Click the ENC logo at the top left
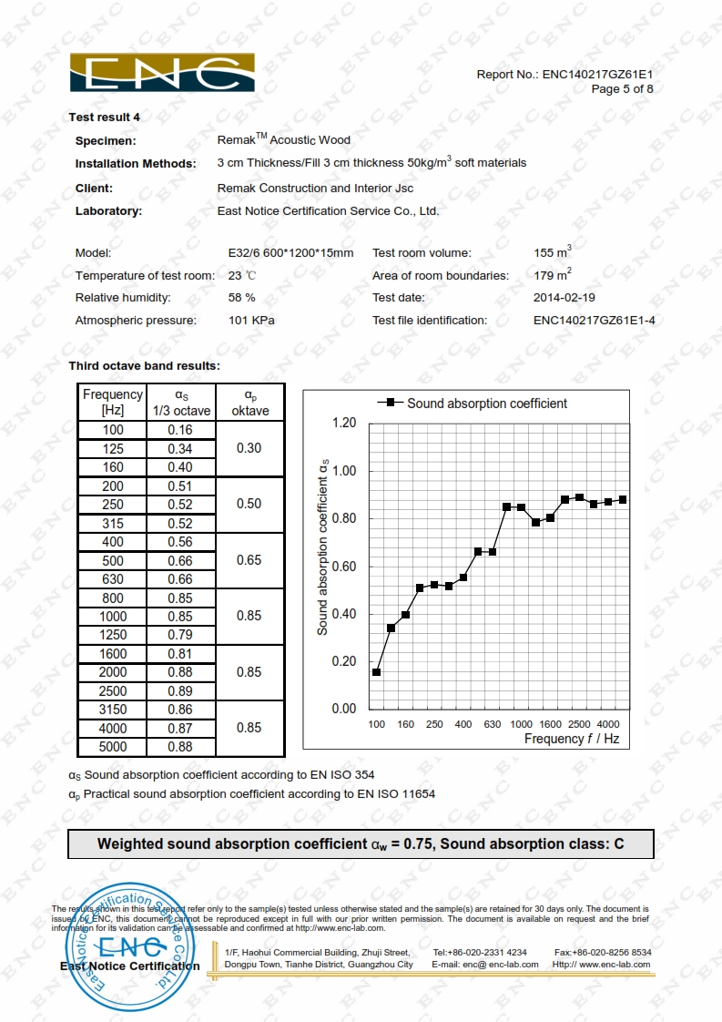click(x=163, y=73)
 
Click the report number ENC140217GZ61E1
click(x=598, y=74)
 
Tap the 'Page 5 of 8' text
click(x=622, y=88)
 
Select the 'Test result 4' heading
click(x=104, y=117)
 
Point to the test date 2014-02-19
click(x=564, y=298)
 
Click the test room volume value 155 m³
click(x=553, y=252)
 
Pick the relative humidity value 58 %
click(x=241, y=298)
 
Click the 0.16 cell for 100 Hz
click(x=180, y=430)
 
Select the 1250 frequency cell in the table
click(x=113, y=635)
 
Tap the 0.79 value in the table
click(x=180, y=635)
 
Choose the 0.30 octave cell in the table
click(x=249, y=448)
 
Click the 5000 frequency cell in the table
click(x=113, y=747)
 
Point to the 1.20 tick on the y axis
click(x=344, y=424)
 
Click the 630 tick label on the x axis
click(x=493, y=724)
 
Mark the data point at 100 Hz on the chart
click(x=376, y=672)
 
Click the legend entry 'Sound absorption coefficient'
click(x=486, y=403)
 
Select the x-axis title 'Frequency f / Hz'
click(x=571, y=739)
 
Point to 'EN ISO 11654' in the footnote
click(x=395, y=793)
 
